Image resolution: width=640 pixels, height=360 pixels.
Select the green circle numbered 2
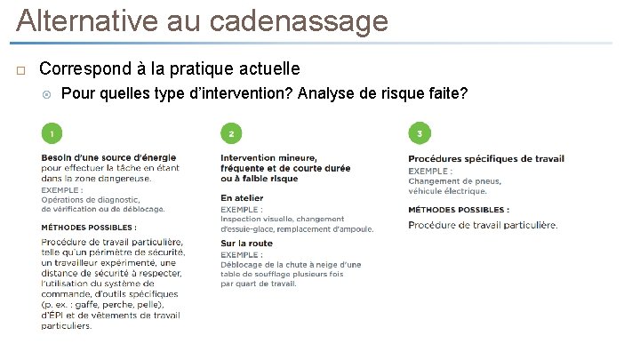(x=231, y=133)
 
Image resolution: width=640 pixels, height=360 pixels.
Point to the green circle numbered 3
(x=419, y=133)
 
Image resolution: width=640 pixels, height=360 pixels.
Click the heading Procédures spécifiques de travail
(x=485, y=159)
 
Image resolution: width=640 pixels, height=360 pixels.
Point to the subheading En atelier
(x=242, y=197)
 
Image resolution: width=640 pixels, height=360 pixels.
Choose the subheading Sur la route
(x=246, y=244)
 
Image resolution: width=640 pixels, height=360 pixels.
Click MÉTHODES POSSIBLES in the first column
(x=88, y=228)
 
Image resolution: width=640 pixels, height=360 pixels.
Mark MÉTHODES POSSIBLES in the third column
(x=459, y=210)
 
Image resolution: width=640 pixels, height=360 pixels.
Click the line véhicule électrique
(x=447, y=190)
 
